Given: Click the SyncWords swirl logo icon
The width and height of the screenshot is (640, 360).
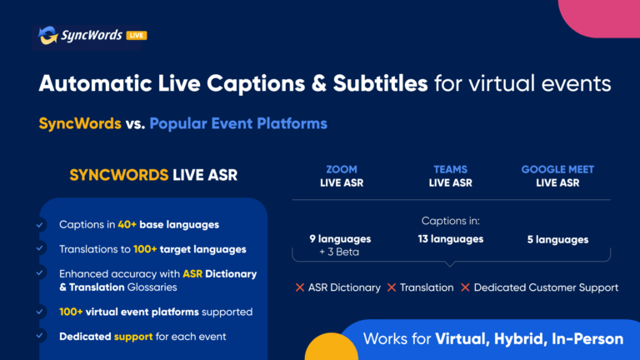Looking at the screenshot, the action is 47,35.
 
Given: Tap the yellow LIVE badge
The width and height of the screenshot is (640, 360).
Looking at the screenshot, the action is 137,36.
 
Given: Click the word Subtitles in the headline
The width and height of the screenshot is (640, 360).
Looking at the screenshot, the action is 380,83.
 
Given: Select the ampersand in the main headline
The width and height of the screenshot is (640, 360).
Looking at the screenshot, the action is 318,83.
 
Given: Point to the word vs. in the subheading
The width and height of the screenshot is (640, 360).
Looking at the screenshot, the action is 135,123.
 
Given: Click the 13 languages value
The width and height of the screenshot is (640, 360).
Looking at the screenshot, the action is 451,239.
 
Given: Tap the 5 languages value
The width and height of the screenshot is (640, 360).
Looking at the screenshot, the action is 557,240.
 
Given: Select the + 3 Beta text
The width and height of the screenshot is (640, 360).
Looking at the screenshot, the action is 339,252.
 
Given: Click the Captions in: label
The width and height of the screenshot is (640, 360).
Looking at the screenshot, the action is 451,221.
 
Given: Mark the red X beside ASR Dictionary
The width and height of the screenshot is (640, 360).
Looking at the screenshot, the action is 300,287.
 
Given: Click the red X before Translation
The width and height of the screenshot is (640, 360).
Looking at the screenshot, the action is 392,287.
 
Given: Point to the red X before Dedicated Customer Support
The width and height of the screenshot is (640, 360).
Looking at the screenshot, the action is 465,287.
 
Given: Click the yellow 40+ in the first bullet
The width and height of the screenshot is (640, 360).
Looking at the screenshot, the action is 127,224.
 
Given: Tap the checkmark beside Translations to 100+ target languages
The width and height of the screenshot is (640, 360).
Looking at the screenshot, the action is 40,248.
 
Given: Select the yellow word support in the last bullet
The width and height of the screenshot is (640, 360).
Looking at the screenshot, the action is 133,337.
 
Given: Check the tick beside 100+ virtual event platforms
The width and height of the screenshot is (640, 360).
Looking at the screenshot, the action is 40,312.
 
